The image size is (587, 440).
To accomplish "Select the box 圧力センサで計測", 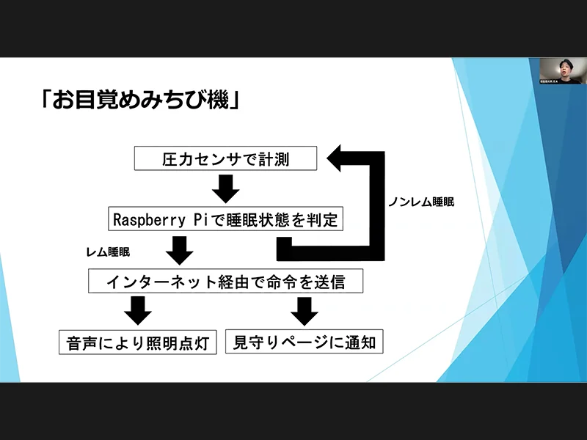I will [226, 159].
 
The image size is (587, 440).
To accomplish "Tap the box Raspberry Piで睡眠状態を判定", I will [225, 219].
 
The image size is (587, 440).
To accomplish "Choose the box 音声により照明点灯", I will [138, 342].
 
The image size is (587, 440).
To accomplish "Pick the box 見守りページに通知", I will [305, 342].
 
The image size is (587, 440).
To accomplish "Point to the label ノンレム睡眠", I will [420, 202].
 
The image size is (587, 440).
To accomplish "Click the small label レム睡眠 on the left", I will [108, 252].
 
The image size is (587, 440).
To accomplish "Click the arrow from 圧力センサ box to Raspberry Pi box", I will [226, 189].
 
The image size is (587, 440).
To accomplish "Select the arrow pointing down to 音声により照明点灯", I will [137, 311].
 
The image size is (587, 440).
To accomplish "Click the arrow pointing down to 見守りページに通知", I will [305, 311].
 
